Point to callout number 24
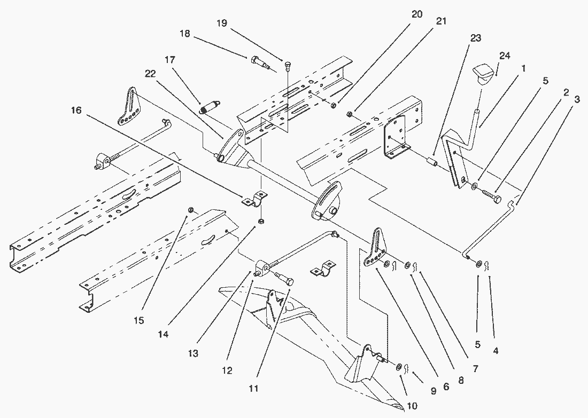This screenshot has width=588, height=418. click(x=505, y=56)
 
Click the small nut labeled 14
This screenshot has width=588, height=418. click(x=261, y=222)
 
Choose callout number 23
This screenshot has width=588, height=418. click(x=476, y=38)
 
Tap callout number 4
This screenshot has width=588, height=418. click(x=496, y=351)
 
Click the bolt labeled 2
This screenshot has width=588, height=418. click(x=490, y=198)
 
